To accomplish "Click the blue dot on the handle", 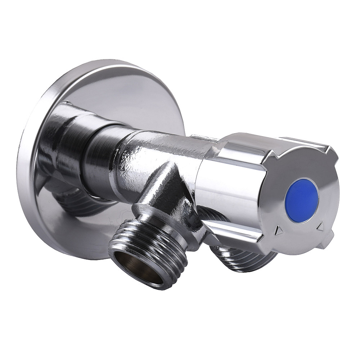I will pyautogui.click(x=301, y=200).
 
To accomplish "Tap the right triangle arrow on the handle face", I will pyautogui.click(x=320, y=226).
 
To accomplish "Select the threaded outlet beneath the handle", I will pyautogui.click(x=245, y=257).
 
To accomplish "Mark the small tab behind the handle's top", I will pyautogui.click(x=203, y=138).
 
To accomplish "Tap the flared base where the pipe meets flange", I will pyautogui.click(x=61, y=144).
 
